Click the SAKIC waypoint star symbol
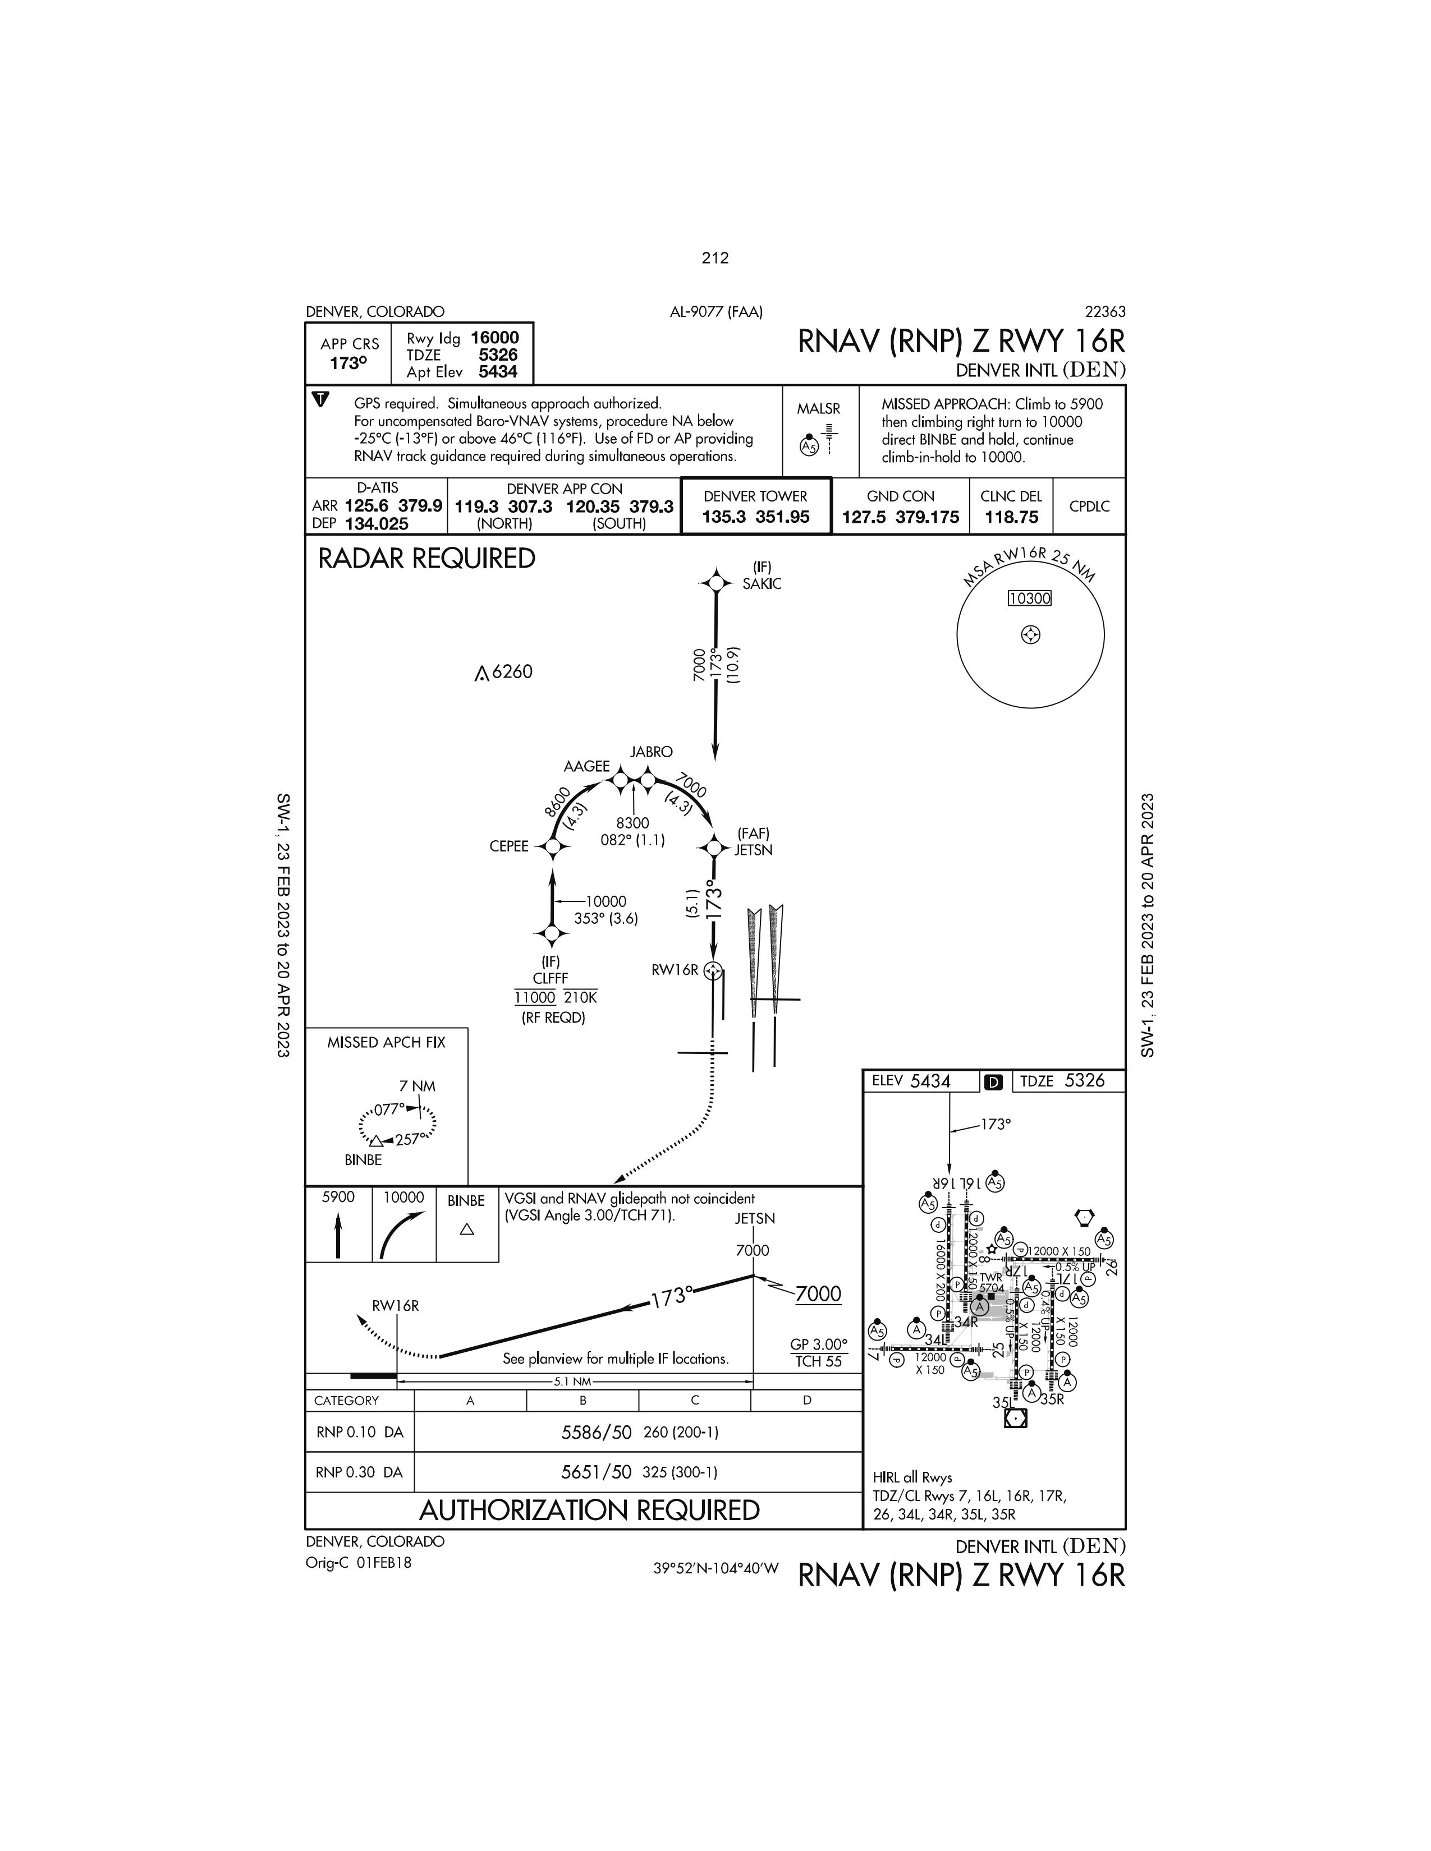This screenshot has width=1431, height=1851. (717, 583)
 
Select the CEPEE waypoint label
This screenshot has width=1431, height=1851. (508, 846)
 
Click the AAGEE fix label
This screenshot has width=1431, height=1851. (586, 766)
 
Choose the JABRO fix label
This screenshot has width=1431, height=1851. (651, 752)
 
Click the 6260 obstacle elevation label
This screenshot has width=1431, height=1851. (511, 672)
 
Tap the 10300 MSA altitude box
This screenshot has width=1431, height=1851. (1029, 598)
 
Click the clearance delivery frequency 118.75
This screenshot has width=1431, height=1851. (1011, 517)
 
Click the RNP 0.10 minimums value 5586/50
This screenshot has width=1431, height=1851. (596, 1433)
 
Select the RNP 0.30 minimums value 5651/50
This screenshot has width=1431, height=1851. (596, 1472)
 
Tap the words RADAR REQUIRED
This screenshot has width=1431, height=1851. (426, 559)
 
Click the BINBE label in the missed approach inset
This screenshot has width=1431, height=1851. (363, 1159)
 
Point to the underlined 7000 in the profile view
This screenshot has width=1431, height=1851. (818, 1294)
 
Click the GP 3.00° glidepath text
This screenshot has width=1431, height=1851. (818, 1344)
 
